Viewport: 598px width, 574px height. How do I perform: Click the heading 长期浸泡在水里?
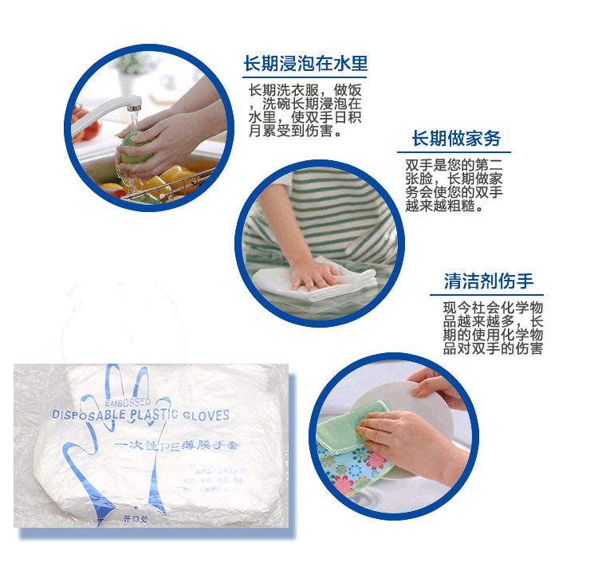tap(305, 65)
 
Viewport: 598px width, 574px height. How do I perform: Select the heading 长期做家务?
tap(456, 139)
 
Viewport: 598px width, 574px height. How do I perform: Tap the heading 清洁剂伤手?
tap(489, 281)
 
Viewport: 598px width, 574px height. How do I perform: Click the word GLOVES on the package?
tap(205, 415)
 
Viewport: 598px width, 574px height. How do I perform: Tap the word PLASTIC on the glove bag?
tap(155, 415)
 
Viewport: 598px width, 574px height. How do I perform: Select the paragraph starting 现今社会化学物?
tap(493, 328)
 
